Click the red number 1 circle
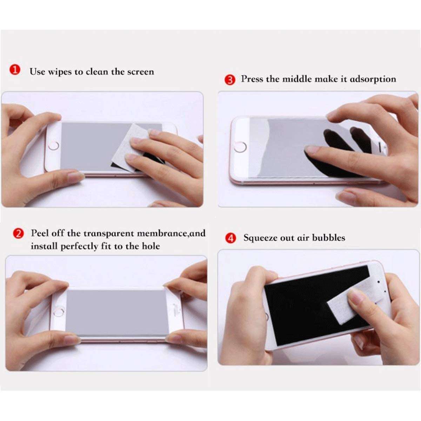tap(15, 70)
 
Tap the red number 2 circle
tap(18, 233)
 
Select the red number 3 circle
tap(230, 80)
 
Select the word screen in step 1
tap(140, 72)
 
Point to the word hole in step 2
tap(151, 246)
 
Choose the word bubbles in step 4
tap(328, 238)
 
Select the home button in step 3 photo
tap(241, 146)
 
